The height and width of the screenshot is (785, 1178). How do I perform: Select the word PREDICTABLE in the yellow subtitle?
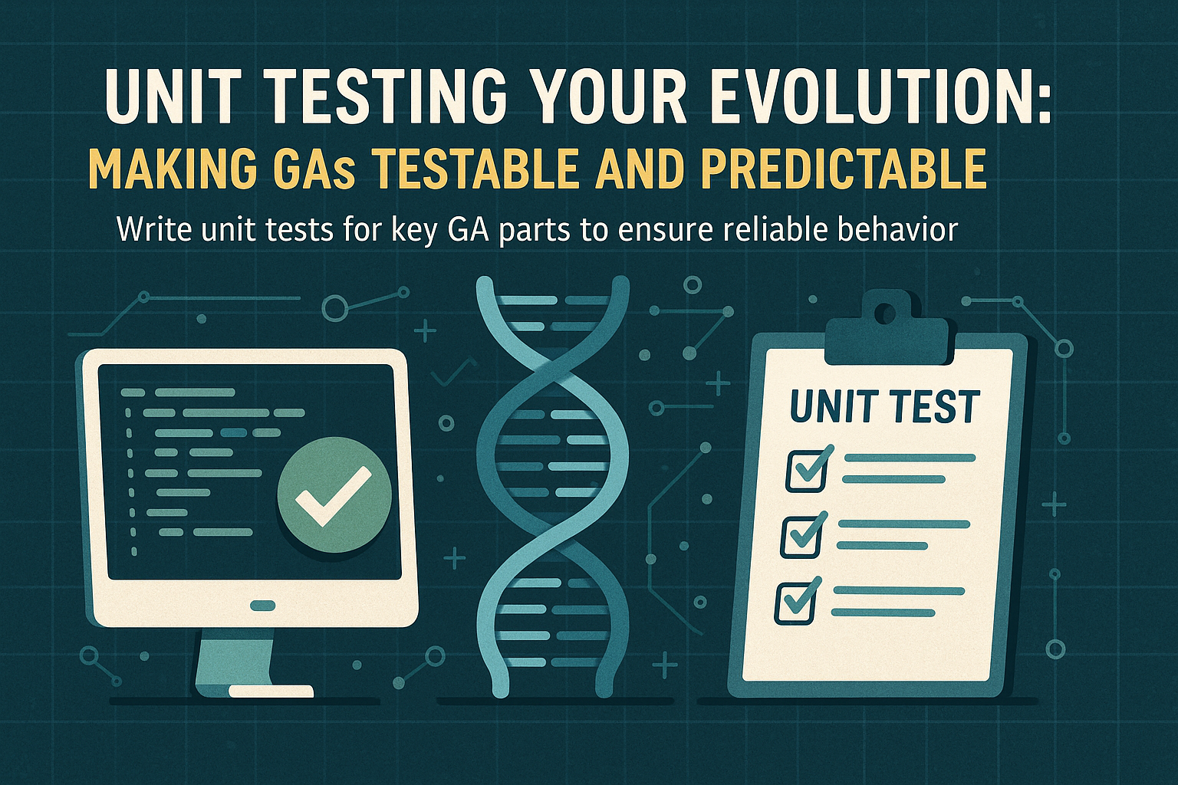click(x=844, y=169)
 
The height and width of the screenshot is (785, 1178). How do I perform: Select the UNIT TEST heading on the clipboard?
click(x=884, y=407)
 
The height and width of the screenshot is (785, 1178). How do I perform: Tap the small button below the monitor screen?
click(x=262, y=606)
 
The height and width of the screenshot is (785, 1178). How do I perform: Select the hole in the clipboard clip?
click(x=886, y=313)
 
